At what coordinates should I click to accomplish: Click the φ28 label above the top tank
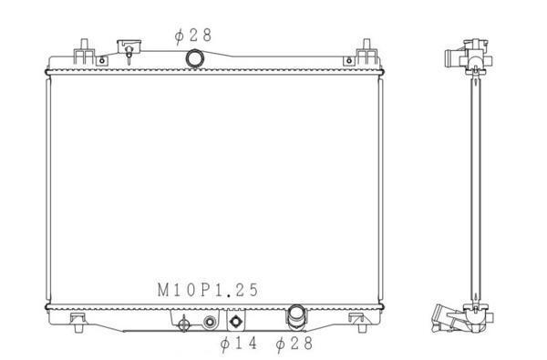click(193, 36)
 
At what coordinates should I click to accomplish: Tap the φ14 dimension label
click(239, 344)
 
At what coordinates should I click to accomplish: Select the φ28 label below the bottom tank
click(294, 344)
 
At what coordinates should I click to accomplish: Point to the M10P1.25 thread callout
click(208, 290)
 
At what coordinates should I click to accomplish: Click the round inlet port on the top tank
click(194, 58)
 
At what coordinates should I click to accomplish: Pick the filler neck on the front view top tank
click(129, 50)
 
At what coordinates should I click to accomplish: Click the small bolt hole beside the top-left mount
click(102, 61)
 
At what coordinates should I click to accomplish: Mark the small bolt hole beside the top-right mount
click(349, 61)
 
